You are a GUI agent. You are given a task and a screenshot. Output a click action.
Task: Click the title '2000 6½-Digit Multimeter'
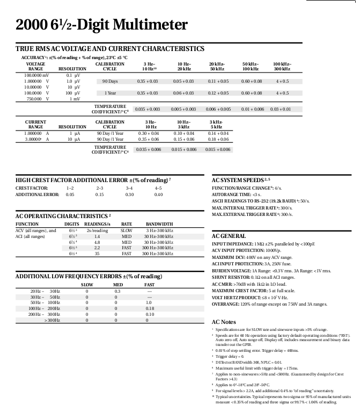point(102,25)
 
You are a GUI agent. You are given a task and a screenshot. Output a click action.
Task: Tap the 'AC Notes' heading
point(221,321)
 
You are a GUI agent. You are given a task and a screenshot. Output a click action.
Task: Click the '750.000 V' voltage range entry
point(35,99)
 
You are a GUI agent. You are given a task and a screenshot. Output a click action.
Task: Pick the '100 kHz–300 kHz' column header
point(282,67)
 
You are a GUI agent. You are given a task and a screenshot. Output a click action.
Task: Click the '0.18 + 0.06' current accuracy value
point(218,139)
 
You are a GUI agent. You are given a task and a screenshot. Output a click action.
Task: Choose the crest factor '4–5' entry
point(158,188)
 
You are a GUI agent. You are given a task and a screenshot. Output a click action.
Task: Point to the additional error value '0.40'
point(158,194)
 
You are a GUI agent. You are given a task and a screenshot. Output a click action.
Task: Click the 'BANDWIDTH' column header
point(159,224)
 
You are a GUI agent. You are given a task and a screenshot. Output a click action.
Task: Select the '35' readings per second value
point(97,254)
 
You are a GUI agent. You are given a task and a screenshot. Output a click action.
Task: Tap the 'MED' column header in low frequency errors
point(118,284)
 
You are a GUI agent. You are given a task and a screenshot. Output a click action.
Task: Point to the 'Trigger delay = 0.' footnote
point(230,356)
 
